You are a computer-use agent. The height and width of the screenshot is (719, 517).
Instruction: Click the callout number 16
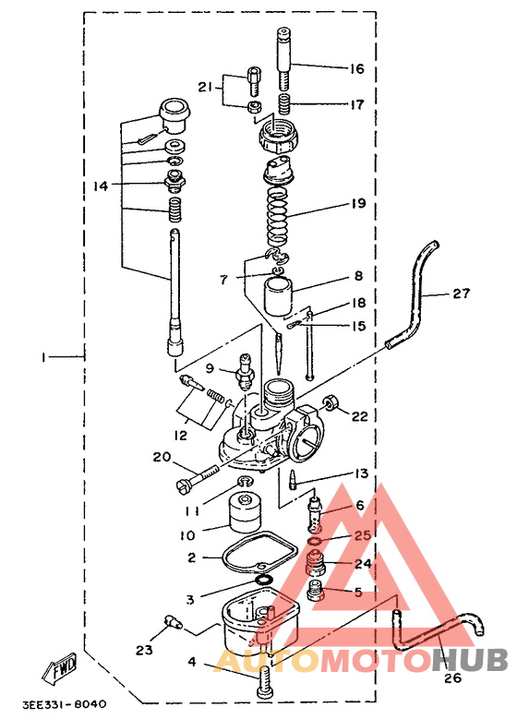click(x=356, y=69)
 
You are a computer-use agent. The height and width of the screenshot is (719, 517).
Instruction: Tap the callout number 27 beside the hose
click(x=461, y=293)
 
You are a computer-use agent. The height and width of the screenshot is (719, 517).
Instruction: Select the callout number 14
click(x=101, y=186)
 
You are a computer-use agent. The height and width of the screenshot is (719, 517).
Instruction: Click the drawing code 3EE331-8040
click(x=65, y=703)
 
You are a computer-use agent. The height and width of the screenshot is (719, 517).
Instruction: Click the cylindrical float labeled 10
click(x=245, y=512)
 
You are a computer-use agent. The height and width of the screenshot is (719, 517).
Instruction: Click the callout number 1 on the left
click(x=43, y=357)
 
